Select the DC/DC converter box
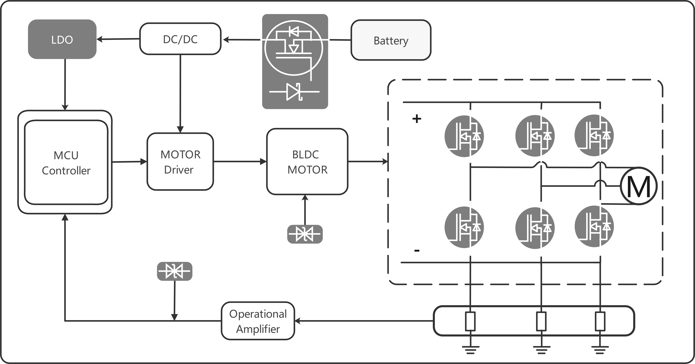[180, 39]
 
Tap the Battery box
[391, 40]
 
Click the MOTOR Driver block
[180, 162]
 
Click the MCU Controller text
[66, 163]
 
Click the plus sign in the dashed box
[417, 119]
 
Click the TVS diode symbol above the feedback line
[175, 271]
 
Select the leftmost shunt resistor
[470, 321]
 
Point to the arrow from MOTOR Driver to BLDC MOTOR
[240, 162]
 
